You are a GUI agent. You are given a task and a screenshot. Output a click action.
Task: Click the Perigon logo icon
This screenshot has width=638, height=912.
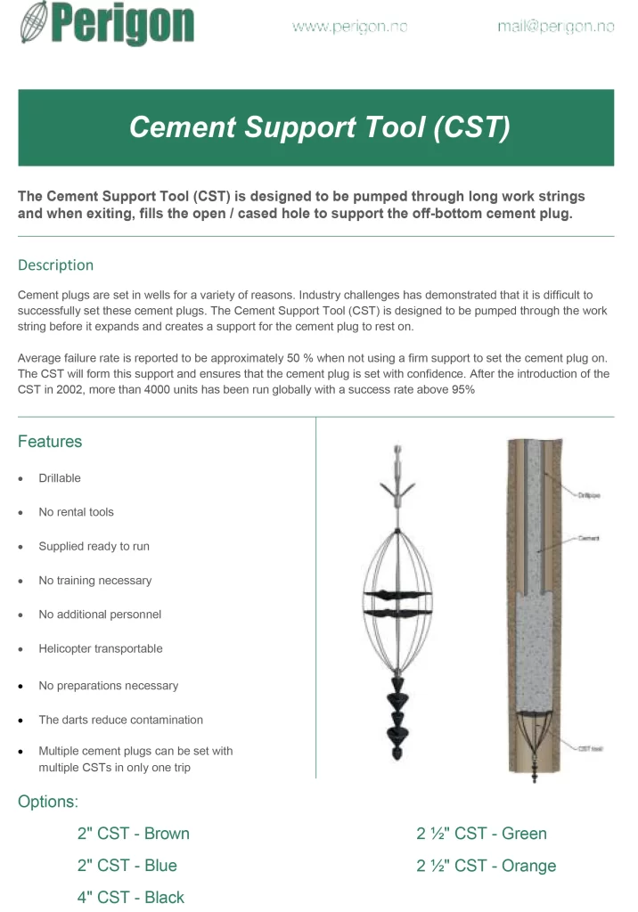click(x=34, y=23)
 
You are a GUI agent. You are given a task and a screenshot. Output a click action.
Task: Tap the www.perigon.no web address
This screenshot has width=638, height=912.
click(x=349, y=27)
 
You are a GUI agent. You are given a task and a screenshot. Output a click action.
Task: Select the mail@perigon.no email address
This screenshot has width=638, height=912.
click(x=555, y=27)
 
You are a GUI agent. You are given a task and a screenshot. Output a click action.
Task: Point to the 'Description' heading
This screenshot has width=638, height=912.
click(x=55, y=265)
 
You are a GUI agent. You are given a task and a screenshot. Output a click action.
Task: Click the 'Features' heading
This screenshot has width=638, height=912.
click(x=50, y=442)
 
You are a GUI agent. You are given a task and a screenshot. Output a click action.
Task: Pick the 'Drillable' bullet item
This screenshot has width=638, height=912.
click(x=60, y=478)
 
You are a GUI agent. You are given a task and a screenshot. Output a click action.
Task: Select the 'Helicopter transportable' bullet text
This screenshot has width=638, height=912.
click(x=101, y=648)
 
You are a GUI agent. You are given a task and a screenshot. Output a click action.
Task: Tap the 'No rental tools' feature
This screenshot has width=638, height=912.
click(x=76, y=512)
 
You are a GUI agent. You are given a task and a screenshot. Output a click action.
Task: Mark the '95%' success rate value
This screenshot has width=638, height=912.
click(x=461, y=390)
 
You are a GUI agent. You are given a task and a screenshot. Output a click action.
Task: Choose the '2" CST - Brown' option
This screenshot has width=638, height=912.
click(x=133, y=834)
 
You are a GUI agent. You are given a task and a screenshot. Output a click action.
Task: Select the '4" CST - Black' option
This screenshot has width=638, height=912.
click(x=130, y=897)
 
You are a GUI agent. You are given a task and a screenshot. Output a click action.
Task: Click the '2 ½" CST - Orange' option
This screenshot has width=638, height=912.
click(x=486, y=866)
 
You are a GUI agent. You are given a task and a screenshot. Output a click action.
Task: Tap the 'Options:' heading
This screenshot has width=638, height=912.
click(x=48, y=802)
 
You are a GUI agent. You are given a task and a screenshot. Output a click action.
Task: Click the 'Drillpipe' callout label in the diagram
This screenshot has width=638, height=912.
click(x=588, y=495)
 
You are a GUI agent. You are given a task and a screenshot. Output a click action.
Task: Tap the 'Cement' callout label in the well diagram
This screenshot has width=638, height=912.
click(x=588, y=538)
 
